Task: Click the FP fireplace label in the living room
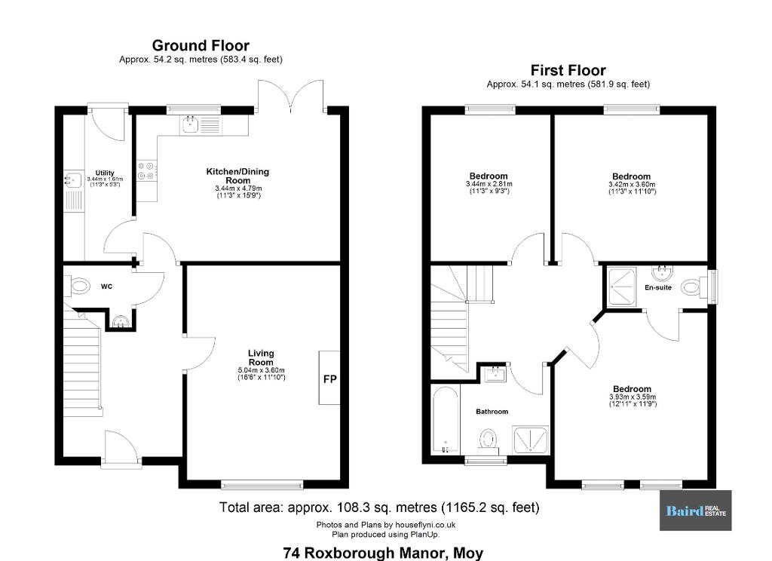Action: coord(330,379)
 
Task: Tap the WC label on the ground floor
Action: coord(106,287)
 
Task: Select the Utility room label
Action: coord(105,173)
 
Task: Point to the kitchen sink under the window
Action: coord(190,125)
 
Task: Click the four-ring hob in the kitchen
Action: coord(146,171)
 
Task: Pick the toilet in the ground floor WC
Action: coord(78,287)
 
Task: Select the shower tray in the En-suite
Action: coord(622,287)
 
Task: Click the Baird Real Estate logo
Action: coord(695,510)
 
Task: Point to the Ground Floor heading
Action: coord(201,45)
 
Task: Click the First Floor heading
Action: coord(568,70)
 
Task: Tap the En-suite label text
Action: coord(658,287)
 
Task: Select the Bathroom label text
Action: coord(492,411)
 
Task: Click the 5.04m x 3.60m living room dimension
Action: coord(261,370)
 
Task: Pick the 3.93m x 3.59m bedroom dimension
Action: coord(633,397)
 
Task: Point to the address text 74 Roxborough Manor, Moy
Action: coord(383,553)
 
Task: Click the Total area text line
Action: coord(379,507)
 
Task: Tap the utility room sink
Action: coord(73,180)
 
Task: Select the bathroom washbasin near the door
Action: coord(495,374)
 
